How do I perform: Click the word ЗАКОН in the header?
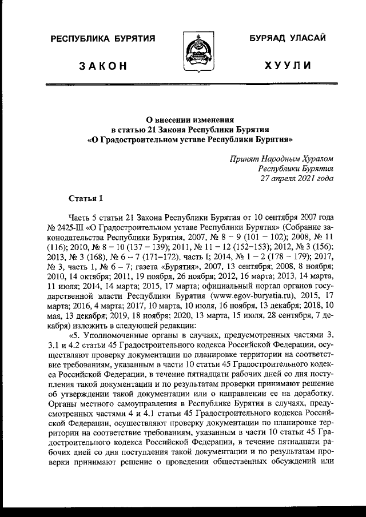[103, 66]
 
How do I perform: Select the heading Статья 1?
[86, 199]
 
